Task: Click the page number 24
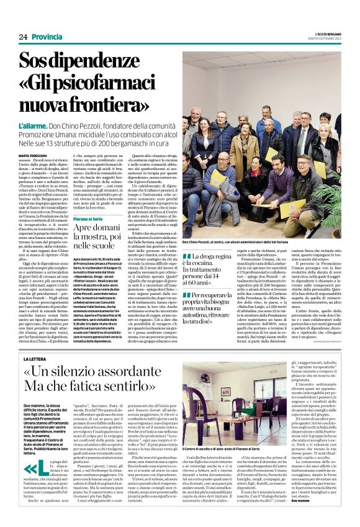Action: tap(23, 37)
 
